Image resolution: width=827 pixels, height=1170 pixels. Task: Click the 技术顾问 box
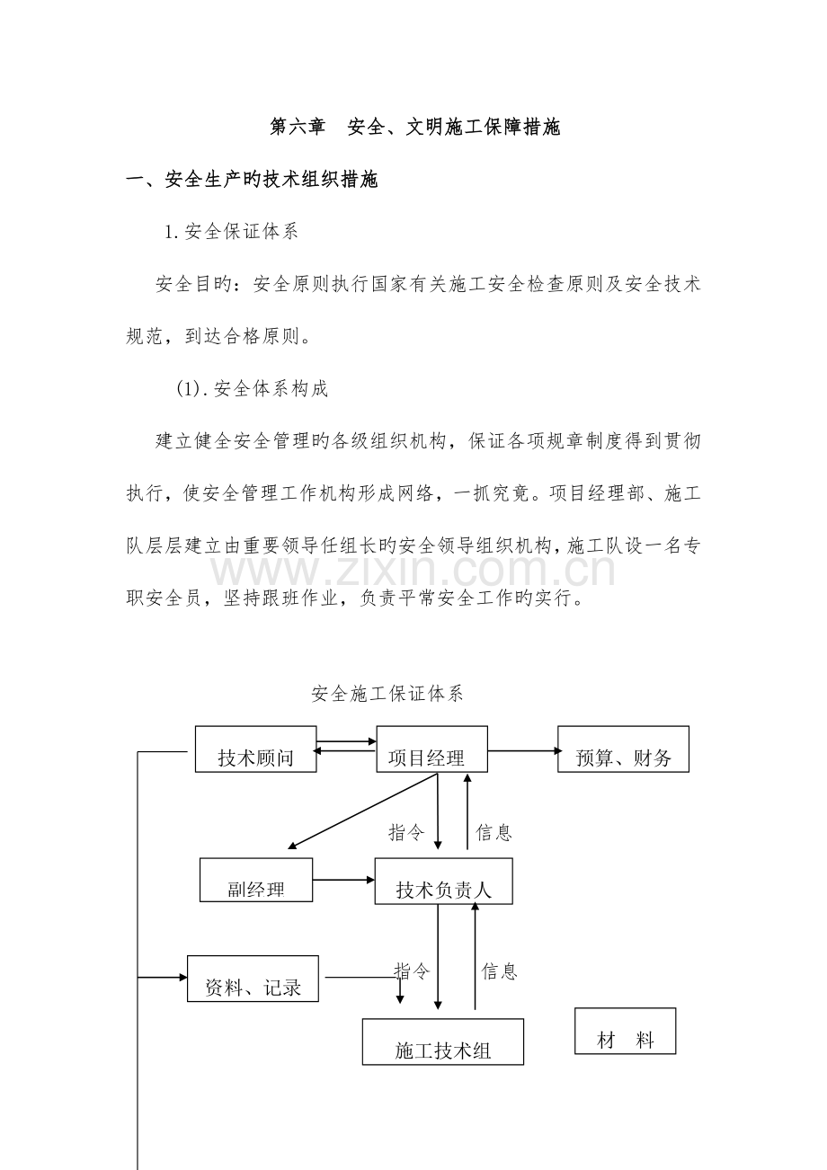click(x=255, y=749)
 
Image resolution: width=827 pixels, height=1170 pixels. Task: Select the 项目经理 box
click(x=431, y=749)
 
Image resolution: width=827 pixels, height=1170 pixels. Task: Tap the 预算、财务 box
click(x=623, y=749)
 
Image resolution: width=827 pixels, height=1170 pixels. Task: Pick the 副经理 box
click(x=256, y=880)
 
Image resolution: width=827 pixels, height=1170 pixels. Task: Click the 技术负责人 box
click(x=443, y=881)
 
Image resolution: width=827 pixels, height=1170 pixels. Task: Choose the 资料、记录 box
click(x=253, y=979)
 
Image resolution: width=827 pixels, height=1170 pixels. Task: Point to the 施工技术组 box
click(x=442, y=1041)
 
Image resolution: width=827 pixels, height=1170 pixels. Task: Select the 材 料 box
click(x=625, y=1031)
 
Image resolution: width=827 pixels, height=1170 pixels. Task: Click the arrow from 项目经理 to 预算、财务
click(x=522, y=750)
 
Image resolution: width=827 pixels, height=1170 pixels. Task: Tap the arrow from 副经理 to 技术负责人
click(x=343, y=880)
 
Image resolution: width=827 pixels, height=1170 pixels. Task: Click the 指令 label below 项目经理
click(x=405, y=833)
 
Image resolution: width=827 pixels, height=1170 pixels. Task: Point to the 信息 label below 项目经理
click(x=494, y=833)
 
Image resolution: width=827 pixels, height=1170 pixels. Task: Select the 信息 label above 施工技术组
click(x=499, y=971)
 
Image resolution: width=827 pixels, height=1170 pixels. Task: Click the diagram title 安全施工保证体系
click(x=387, y=694)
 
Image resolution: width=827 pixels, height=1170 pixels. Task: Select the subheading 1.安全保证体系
click(x=231, y=232)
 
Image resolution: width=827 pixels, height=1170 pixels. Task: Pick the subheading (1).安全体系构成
click(x=252, y=389)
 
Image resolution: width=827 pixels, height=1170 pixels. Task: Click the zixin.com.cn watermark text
click(x=413, y=571)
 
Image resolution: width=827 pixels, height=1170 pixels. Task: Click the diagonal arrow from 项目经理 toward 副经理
click(x=362, y=811)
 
